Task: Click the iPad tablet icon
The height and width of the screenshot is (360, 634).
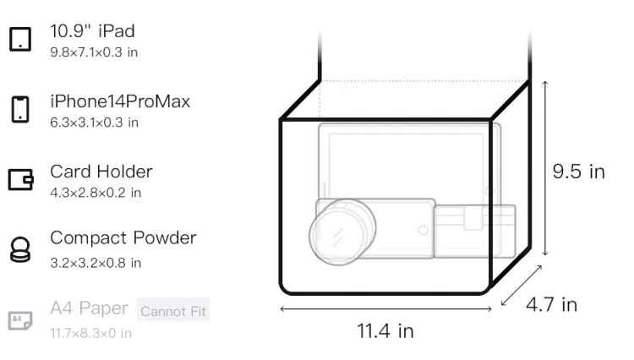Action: pos(20,39)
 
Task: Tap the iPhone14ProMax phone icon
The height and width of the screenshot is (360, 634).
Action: pos(20,109)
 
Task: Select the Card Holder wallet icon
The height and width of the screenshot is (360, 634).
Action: pos(20,179)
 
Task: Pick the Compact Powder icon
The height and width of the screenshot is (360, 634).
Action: pos(20,249)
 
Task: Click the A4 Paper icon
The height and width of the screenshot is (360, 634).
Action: pos(20,320)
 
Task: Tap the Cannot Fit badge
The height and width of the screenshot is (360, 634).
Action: pos(173,310)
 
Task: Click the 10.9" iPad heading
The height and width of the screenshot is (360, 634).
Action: pos(92,31)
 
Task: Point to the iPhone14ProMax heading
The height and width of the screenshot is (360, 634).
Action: pos(120,101)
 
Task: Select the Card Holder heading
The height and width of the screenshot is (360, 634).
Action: pos(101,172)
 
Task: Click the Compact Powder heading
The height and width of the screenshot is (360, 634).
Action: pos(123,238)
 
